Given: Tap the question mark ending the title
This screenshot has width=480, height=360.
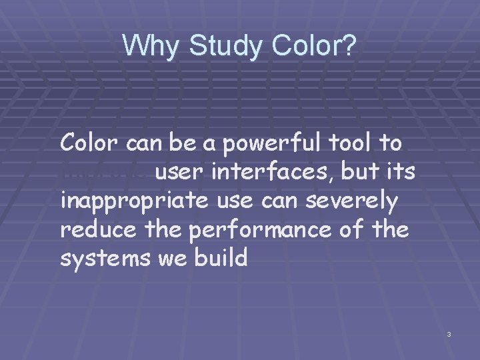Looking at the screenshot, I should (351, 47).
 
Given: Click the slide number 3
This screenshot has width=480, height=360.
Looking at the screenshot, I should (449, 333).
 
